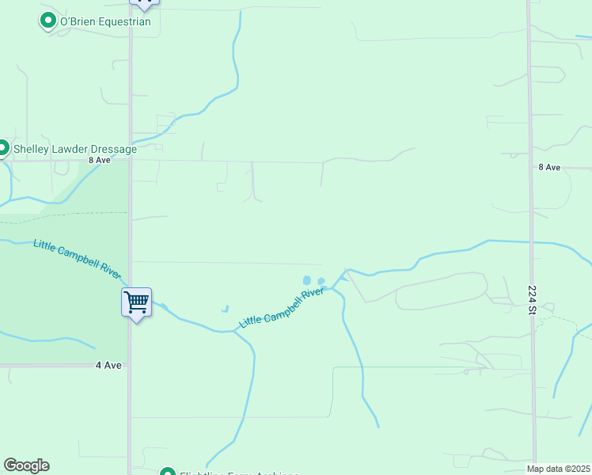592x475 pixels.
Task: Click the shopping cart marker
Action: (136, 301)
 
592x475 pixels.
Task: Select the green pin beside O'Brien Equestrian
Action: (48, 21)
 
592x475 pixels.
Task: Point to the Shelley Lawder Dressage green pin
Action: (3, 148)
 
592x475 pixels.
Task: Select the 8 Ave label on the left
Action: (100, 159)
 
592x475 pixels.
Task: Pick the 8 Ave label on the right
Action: (549, 167)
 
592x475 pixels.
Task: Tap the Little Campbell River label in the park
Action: (77, 258)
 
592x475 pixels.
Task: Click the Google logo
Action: (26, 465)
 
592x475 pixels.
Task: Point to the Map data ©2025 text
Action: (559, 469)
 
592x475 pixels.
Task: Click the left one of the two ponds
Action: (307, 279)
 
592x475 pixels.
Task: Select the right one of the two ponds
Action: (321, 280)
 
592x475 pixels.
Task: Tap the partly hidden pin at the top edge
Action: (144, 2)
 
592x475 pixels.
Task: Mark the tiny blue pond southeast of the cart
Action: (225, 309)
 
